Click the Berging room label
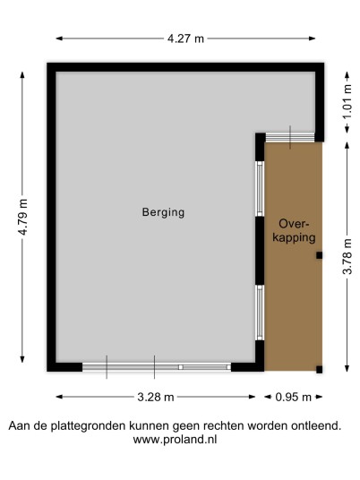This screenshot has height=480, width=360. [163, 212]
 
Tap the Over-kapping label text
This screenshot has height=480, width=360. [294, 231]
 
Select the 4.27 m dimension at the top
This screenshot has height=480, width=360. [185, 39]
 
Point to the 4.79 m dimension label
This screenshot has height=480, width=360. [23, 217]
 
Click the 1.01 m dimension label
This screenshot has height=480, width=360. [347, 101]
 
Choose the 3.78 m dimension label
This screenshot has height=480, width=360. [347, 256]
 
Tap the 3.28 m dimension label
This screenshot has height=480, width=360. [156, 397]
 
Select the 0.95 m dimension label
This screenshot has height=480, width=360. [293, 397]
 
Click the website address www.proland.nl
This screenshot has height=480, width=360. [176, 440]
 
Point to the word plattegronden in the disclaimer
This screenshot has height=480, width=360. [88, 425]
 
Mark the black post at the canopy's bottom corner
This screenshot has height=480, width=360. [320, 370]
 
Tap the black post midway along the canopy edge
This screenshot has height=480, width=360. [320, 255]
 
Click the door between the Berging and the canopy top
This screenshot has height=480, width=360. [290, 137]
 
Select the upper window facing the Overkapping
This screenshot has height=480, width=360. [260, 189]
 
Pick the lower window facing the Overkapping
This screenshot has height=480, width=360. [260, 313]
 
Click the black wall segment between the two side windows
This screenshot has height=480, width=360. [260, 251]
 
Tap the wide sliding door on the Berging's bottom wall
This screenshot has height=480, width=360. [157, 367]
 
